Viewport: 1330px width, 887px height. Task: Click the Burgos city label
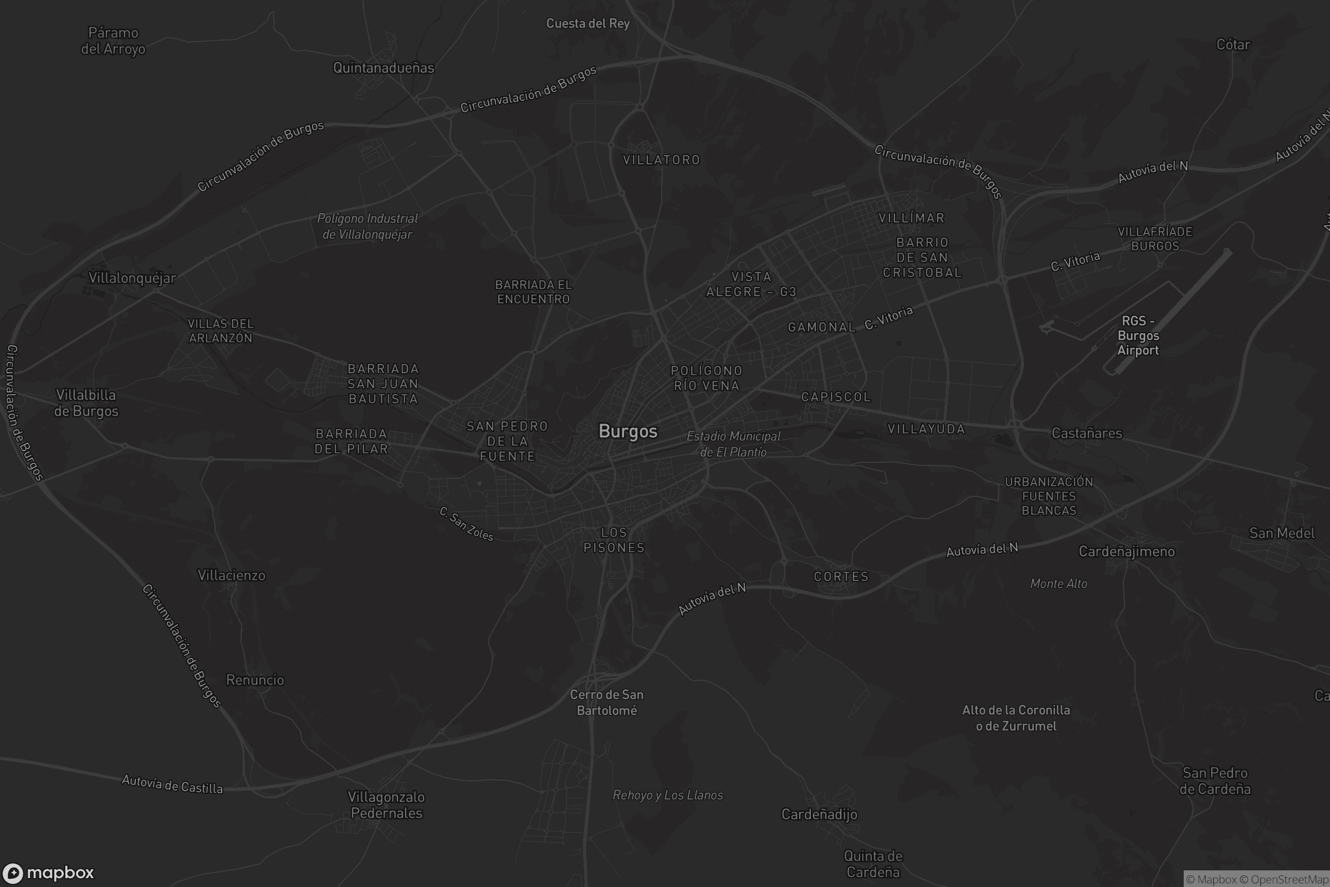tap(628, 431)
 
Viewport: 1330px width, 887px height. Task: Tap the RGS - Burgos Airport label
tap(1138, 335)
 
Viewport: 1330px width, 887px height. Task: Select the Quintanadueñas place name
tap(383, 68)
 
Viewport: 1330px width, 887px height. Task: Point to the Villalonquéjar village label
tap(132, 278)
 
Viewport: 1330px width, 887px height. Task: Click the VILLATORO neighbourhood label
tap(661, 160)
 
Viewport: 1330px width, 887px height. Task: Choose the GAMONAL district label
tap(821, 327)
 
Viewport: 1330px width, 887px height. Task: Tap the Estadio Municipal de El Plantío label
tap(733, 443)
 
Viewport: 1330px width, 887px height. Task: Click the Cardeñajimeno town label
tap(1127, 551)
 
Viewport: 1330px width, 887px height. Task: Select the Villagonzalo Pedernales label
tap(386, 804)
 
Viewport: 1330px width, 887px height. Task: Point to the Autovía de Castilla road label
tap(172, 784)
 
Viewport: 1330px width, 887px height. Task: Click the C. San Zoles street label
tap(467, 524)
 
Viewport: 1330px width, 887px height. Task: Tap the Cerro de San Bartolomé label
tap(606, 702)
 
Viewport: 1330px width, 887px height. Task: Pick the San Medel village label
tap(1281, 533)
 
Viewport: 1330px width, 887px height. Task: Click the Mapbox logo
tap(48, 872)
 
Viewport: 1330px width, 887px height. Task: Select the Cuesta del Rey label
tap(587, 23)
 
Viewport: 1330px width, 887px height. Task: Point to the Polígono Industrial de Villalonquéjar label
tap(367, 226)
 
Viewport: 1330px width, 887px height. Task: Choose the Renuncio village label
tap(255, 680)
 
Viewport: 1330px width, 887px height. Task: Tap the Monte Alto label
tap(1058, 583)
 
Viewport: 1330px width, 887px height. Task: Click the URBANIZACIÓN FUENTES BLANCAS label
tap(1048, 496)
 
